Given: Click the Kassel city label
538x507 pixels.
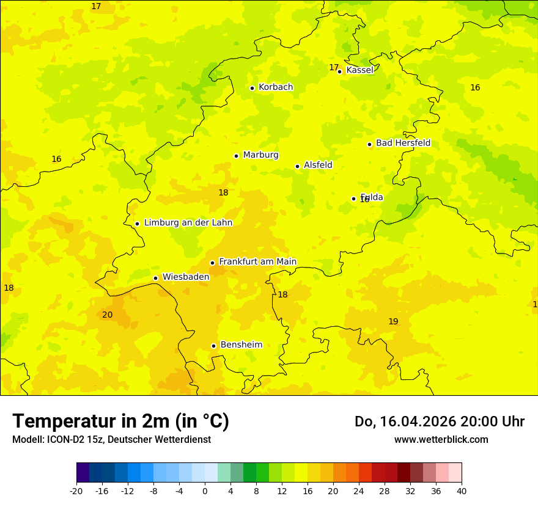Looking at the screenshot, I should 359,70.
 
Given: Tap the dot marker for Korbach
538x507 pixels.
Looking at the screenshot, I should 252,88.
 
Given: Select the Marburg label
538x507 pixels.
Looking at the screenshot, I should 260,155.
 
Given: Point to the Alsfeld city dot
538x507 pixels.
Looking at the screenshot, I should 298,166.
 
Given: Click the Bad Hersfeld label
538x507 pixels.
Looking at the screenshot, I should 403,143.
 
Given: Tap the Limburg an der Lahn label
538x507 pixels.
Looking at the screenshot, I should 188,223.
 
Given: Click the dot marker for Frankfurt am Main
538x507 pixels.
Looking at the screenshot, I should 213,263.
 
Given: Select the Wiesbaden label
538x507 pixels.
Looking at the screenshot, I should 186,277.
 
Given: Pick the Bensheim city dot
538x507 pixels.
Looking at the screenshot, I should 214,346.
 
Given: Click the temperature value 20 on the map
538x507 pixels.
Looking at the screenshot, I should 108,315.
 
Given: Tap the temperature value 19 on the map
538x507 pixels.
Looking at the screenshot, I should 393,321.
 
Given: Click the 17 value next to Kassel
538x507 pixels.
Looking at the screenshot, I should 334,67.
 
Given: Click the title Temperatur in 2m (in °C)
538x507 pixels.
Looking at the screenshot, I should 120,421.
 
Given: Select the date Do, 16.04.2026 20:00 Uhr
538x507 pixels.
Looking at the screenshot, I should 440,421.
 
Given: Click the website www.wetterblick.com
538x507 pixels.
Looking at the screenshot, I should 441,439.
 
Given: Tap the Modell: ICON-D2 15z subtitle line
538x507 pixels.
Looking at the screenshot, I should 111,439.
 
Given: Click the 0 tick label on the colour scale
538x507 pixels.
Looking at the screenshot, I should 205,491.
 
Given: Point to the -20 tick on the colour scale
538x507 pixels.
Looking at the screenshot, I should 76,491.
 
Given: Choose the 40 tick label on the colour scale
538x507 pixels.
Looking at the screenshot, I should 462,491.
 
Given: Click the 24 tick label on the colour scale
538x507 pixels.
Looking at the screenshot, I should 359,491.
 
